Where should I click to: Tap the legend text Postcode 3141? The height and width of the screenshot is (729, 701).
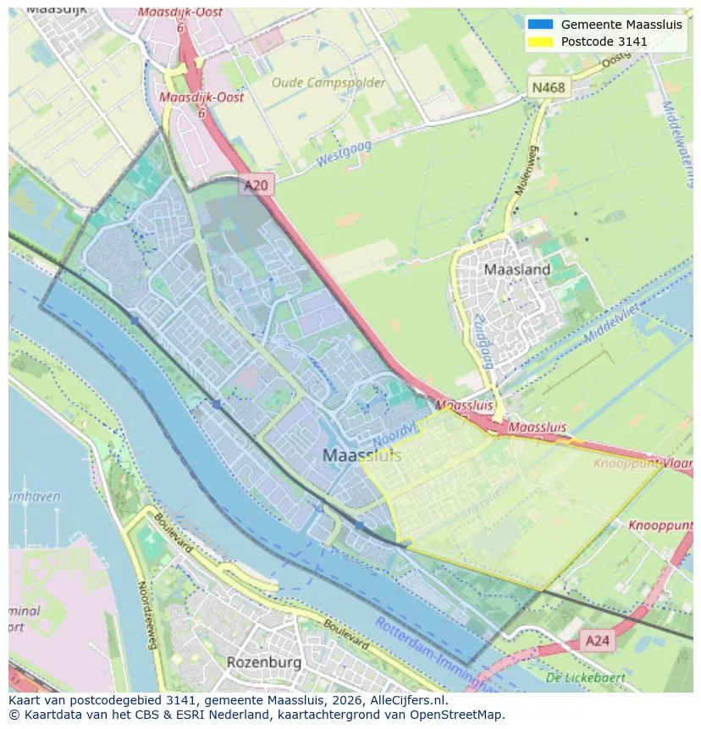(604, 41)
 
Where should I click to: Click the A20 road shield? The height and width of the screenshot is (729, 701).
(257, 185)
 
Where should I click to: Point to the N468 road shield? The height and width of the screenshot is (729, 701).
(549, 87)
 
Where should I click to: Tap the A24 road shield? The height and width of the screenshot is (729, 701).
(598, 641)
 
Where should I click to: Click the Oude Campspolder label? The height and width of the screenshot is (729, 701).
(328, 83)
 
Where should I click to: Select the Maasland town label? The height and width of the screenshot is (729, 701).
(516, 270)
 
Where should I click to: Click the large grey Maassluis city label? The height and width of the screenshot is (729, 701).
(362, 456)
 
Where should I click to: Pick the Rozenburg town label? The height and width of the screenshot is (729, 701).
(263, 661)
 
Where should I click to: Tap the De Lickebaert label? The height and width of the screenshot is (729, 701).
(585, 677)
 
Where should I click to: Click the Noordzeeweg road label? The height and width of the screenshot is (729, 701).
(148, 616)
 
